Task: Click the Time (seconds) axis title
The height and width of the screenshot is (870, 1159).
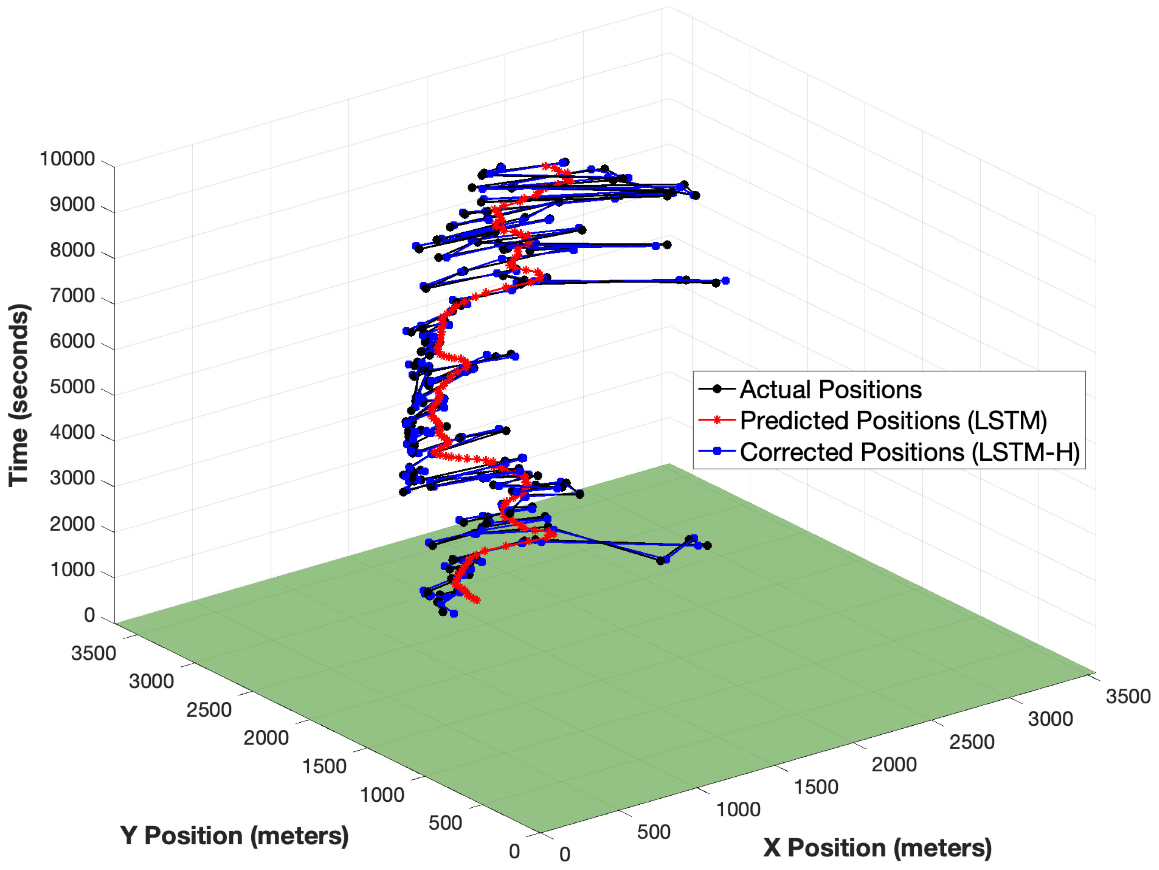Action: pos(19,395)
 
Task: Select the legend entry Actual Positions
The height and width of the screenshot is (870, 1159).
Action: pos(830,389)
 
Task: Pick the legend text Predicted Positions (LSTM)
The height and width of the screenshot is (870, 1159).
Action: pos(893,420)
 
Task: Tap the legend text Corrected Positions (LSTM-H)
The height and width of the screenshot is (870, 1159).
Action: pos(910,452)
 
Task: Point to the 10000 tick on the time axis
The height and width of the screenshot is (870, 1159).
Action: pos(67,159)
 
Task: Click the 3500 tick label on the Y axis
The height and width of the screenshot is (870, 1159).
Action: pos(93,654)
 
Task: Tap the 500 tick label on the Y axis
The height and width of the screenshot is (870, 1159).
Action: pos(445,823)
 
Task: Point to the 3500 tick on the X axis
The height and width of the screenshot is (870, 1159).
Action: pos(1128,697)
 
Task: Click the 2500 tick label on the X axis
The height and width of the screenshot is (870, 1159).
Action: pos(971,742)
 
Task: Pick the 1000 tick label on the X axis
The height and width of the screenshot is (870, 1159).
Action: pos(738,810)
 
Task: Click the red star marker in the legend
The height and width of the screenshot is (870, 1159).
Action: pos(717,420)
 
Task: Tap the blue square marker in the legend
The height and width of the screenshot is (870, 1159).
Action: pos(717,451)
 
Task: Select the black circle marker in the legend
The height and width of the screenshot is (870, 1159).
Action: pos(717,389)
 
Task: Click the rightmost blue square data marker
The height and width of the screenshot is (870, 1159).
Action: pos(726,281)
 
